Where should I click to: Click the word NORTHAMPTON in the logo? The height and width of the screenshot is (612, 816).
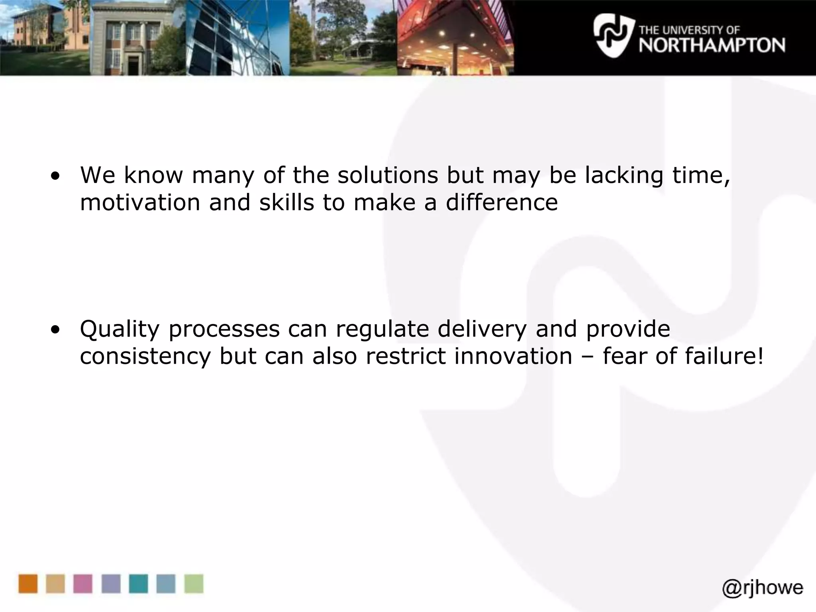click(712, 45)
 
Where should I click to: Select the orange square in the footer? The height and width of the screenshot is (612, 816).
click(28, 584)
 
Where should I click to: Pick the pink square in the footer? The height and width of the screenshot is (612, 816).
click(83, 584)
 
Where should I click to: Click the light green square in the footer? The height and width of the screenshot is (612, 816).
click(194, 584)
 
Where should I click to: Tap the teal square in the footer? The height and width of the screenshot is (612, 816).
click(138, 584)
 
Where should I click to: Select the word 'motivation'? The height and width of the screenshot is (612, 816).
click(140, 202)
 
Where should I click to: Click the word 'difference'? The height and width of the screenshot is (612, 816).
click(502, 202)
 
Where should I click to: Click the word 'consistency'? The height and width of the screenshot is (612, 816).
click(145, 356)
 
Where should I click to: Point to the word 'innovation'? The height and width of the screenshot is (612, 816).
click(513, 355)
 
